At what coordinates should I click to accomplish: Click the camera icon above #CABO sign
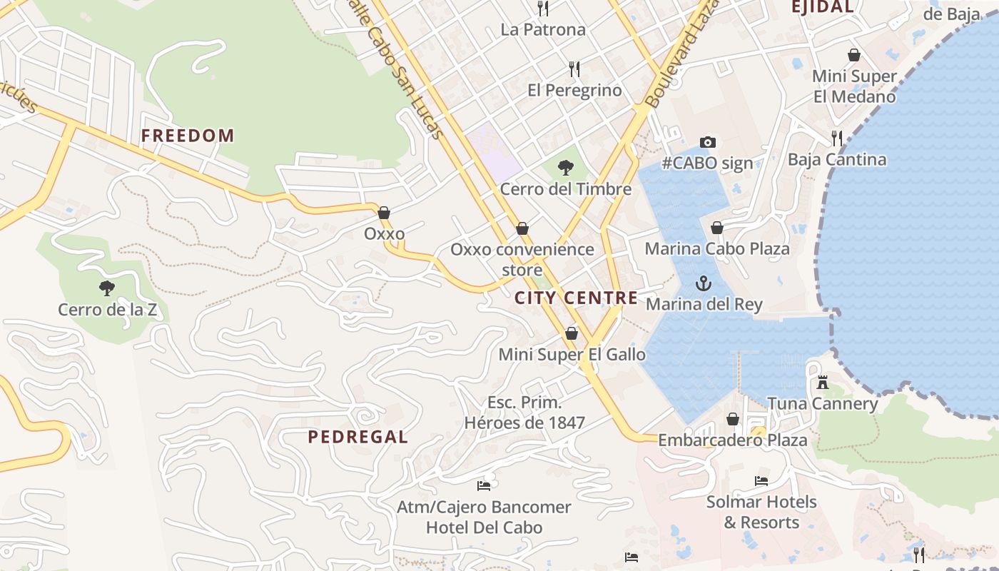[x=707, y=142]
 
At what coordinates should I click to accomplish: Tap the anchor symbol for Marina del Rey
[x=704, y=283]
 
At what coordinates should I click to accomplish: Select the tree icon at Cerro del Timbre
[x=565, y=168]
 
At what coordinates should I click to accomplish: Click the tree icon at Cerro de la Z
[x=107, y=288]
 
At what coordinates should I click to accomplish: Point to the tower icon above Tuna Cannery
[x=823, y=383]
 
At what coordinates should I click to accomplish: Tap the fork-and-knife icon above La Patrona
[x=543, y=9]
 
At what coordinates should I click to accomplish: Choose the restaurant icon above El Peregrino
[x=574, y=69]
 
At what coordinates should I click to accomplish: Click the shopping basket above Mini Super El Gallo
[x=571, y=333]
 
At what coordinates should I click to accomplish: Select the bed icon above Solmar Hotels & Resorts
[x=761, y=481]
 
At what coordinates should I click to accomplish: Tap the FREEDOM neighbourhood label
[x=188, y=136]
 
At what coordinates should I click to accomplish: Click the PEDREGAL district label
[x=357, y=437]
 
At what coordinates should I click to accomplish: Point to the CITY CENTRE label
[x=576, y=298]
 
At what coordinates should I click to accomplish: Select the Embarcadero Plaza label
[x=732, y=440]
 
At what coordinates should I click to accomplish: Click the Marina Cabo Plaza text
[x=717, y=249]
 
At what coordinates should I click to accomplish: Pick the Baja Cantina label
[x=837, y=159]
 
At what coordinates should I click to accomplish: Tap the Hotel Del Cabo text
[x=484, y=528]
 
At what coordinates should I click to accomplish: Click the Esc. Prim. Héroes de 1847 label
[x=524, y=413]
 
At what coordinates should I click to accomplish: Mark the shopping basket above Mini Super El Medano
[x=854, y=55]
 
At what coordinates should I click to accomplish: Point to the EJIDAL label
[x=822, y=7]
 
